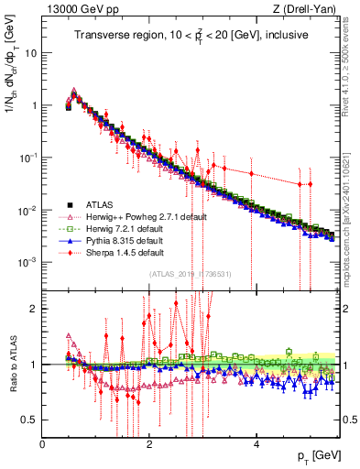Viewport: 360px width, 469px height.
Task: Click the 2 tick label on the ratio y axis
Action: (x=35, y=309)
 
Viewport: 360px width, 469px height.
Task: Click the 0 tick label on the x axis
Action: (x=42, y=444)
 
